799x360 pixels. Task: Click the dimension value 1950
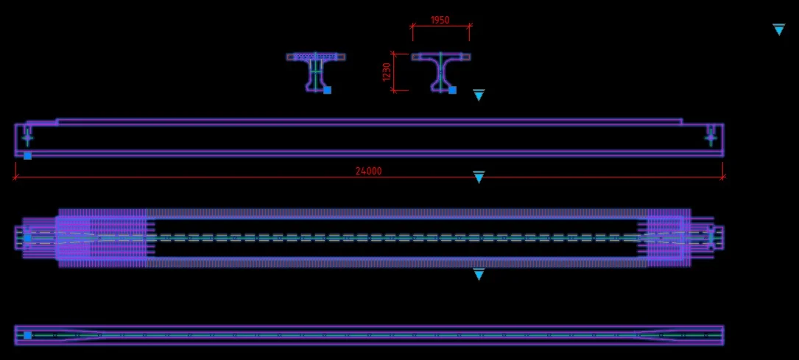coord(440,20)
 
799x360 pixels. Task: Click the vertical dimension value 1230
coord(387,72)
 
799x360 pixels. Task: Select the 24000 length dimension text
coord(368,171)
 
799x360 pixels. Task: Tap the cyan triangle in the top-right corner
coord(779,29)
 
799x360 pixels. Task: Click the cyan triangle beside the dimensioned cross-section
coord(479,95)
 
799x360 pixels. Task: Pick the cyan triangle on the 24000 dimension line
coord(479,177)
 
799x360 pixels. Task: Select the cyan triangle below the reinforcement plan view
coord(479,275)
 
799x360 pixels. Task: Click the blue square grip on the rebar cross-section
coord(328,90)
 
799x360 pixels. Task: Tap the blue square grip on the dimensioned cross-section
coord(452,90)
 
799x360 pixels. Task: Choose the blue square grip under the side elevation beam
coord(27,155)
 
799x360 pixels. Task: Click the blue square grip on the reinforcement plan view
coord(27,238)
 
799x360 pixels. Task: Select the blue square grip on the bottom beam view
coord(27,335)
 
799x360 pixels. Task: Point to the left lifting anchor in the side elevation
coord(27,136)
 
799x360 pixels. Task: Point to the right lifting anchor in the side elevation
coord(711,136)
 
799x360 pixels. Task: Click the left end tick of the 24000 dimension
coord(15,177)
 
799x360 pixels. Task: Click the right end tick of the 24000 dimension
coord(723,177)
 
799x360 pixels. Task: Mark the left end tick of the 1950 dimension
coord(412,26)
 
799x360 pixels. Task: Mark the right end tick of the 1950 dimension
coord(470,26)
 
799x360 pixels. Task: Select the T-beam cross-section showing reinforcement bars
coord(316,71)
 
